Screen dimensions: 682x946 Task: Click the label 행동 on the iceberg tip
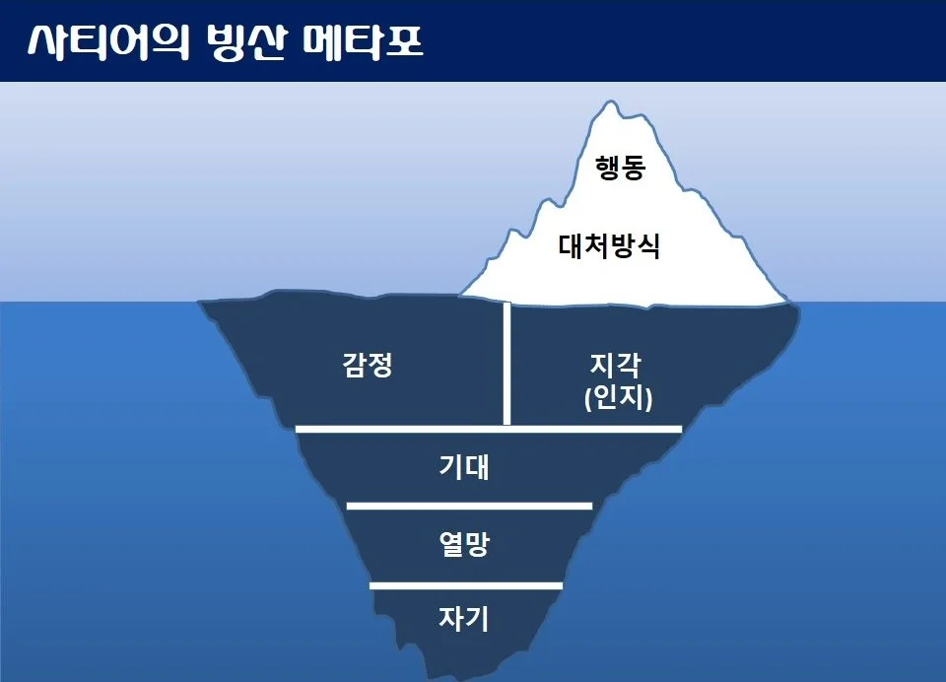(620, 169)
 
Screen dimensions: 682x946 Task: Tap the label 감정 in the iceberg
(369, 367)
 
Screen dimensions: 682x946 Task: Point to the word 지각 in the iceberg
(616, 367)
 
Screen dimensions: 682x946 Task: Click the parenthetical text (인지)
(617, 399)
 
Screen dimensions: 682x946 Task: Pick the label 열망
(463, 544)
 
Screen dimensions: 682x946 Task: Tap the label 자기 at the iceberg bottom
(463, 619)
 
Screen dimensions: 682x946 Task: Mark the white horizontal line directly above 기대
(489, 429)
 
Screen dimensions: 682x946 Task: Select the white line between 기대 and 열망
(469, 506)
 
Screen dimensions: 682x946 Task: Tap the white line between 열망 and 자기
(465, 585)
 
